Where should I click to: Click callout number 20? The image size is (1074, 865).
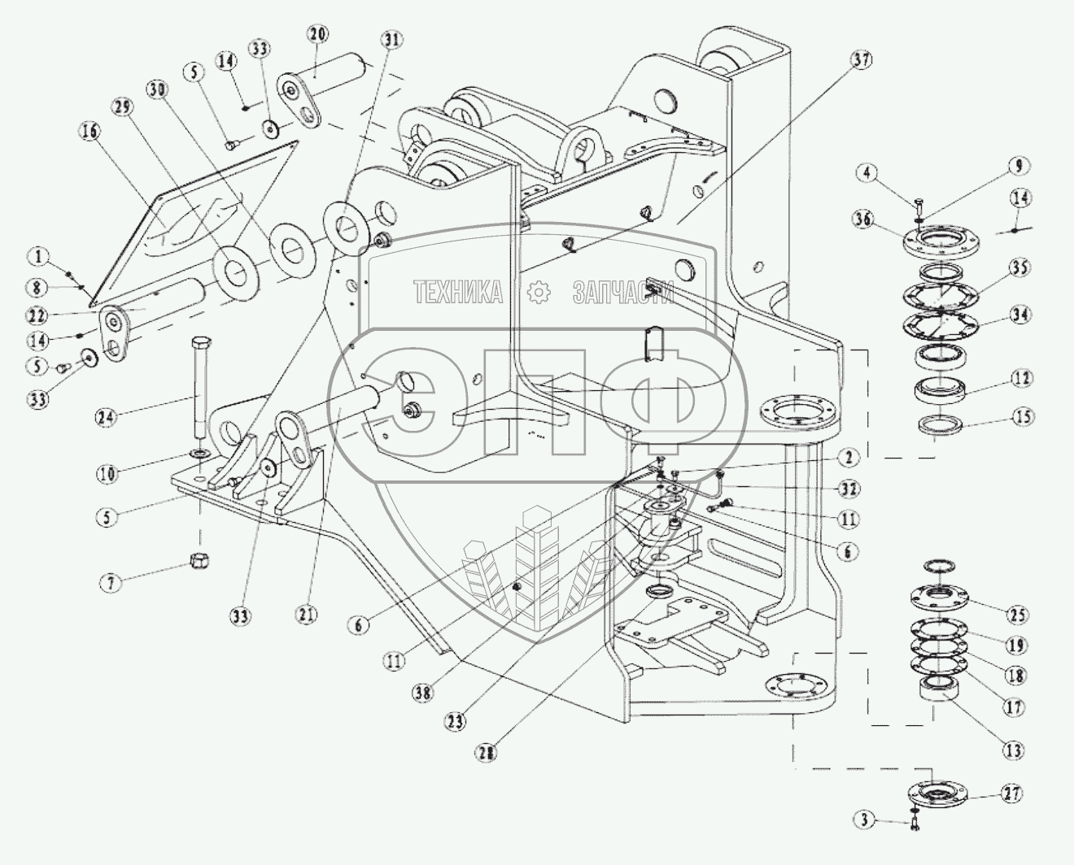(318, 36)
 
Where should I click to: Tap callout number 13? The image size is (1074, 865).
(1013, 749)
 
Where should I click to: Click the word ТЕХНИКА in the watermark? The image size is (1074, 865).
(458, 292)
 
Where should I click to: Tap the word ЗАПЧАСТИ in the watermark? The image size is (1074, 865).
(623, 292)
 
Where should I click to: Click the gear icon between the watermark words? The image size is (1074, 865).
(538, 292)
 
